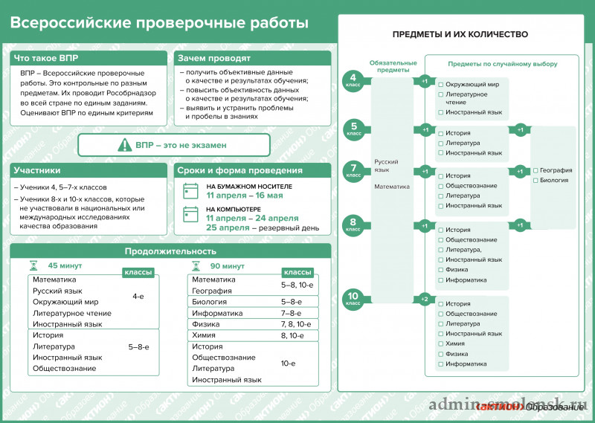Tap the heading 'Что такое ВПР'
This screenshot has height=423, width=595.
pyautogui.click(x=46, y=58)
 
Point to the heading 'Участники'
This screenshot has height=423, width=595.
pyautogui.click(x=37, y=170)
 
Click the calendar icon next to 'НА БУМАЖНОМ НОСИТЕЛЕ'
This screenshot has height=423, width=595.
pyautogui.click(x=191, y=190)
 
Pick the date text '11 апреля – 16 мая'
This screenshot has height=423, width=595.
pyautogui.click(x=244, y=196)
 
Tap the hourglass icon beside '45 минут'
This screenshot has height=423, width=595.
pyautogui.click(x=33, y=265)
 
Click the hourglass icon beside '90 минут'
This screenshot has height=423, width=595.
pyautogui.click(x=196, y=265)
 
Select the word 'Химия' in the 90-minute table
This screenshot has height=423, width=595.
pyautogui.click(x=204, y=335)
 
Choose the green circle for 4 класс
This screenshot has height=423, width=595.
pyautogui.click(x=353, y=81)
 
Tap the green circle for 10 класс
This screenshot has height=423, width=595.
pyautogui.click(x=353, y=299)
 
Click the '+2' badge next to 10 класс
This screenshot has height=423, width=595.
pyautogui.click(x=425, y=299)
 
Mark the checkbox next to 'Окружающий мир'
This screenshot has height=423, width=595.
pyautogui.click(x=441, y=85)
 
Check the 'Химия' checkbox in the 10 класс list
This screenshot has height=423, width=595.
pyautogui.click(x=441, y=344)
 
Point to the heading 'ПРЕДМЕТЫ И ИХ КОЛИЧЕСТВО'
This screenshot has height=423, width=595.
pyautogui.click(x=460, y=34)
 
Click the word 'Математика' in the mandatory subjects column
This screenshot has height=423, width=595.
pyautogui.click(x=392, y=187)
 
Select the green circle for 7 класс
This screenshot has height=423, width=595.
pyautogui.click(x=353, y=170)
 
